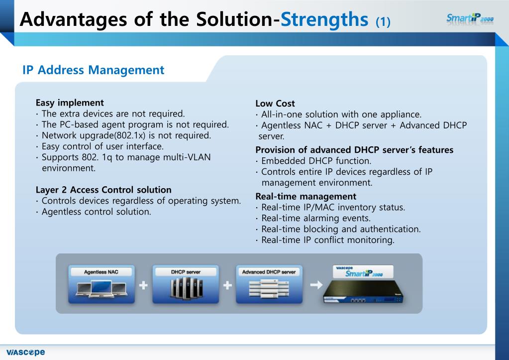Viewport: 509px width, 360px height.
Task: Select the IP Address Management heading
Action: coord(93,70)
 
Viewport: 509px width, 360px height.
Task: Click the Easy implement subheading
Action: coord(70,103)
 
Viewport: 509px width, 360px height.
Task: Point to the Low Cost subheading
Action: coord(275,104)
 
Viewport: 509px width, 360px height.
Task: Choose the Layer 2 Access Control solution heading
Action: coord(103,190)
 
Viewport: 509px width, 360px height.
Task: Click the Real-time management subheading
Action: coord(305,196)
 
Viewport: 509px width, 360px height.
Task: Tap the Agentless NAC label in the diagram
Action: coord(101,272)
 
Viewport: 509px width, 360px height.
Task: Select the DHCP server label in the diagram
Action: coord(186,272)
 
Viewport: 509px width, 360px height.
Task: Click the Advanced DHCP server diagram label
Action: coord(269,272)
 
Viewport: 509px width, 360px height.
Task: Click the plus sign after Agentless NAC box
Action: coord(143,285)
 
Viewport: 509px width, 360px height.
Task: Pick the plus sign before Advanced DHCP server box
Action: coord(227,285)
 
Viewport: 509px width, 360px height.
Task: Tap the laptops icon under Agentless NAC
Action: coord(101,289)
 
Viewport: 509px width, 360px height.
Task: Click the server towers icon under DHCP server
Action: coord(186,289)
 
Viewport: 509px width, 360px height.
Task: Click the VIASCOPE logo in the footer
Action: coord(23,352)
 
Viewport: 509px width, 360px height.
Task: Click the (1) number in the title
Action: coord(383,22)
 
